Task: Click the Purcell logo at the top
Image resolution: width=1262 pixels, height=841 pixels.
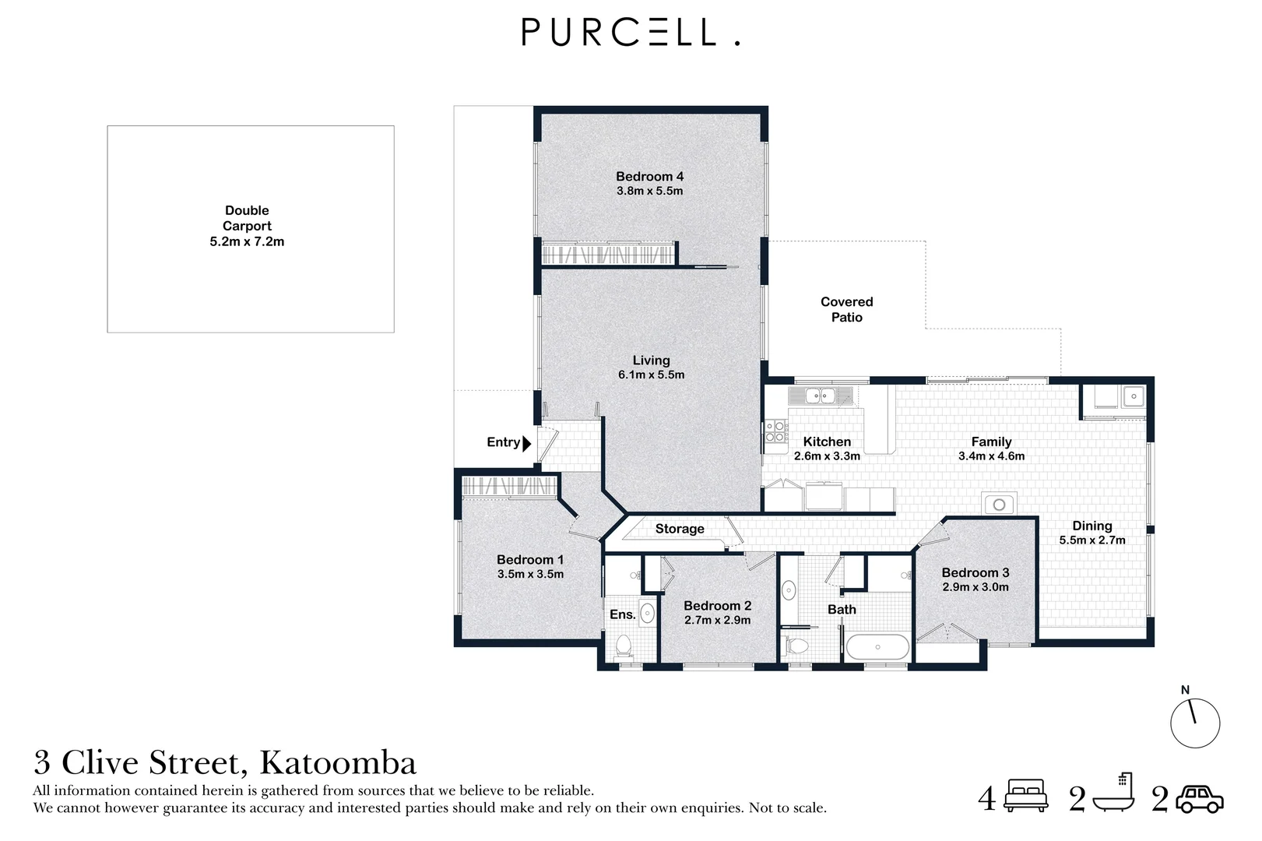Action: tap(630, 33)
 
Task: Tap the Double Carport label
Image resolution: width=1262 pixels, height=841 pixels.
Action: tap(247, 218)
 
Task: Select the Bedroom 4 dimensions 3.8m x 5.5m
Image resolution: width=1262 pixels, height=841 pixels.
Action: tap(649, 191)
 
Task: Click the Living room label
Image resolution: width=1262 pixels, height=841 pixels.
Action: tap(651, 361)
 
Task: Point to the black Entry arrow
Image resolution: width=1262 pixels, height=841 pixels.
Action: tap(527, 443)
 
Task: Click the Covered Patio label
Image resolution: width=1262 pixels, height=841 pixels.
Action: tap(846, 309)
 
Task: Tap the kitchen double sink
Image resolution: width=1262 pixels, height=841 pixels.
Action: tap(820, 396)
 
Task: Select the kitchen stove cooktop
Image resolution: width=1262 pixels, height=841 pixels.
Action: tap(775, 431)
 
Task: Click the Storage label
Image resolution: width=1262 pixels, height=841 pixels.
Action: tap(679, 529)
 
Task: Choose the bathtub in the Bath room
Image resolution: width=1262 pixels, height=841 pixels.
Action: tap(877, 647)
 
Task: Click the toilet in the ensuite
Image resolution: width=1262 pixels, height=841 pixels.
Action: tap(623, 646)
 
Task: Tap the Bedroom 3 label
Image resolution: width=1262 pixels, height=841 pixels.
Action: tap(975, 572)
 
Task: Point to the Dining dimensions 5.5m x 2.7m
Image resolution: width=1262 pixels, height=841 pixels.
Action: tap(1092, 540)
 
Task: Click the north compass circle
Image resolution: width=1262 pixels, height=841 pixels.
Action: tap(1194, 723)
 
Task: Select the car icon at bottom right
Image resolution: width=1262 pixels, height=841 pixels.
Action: tap(1199, 799)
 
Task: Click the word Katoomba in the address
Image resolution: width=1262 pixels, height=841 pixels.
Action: tap(338, 763)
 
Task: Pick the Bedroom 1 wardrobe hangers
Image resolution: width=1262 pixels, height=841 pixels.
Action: tap(509, 487)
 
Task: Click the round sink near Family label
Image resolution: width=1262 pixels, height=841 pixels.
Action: tap(999, 505)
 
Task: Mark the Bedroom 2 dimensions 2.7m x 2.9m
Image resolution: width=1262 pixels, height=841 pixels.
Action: tap(717, 620)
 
